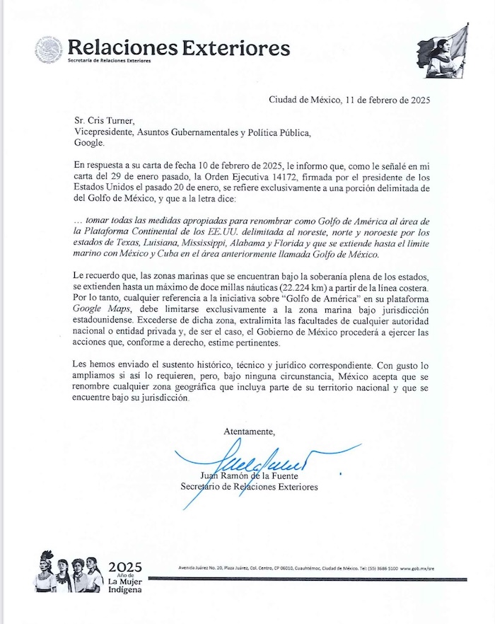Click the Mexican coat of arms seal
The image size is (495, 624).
[x=48, y=50]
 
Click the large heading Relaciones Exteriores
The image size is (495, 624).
[x=178, y=47]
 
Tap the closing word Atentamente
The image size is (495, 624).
[x=249, y=431]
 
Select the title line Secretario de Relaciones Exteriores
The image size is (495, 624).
[x=249, y=487]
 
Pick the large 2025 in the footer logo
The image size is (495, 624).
[x=125, y=567]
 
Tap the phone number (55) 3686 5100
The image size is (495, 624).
[x=390, y=569]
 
